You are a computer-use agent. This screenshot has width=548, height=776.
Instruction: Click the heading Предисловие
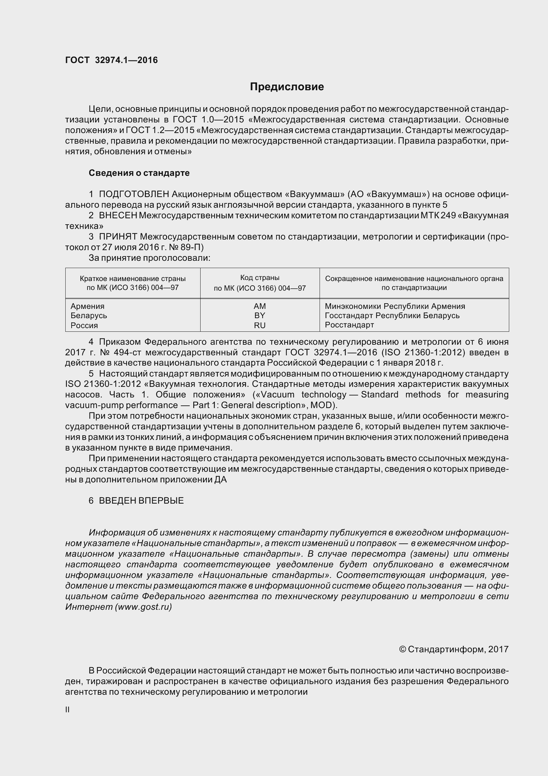[287, 87]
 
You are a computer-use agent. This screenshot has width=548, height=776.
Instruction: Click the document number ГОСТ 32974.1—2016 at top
[111, 60]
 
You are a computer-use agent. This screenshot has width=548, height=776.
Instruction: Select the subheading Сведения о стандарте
[139, 173]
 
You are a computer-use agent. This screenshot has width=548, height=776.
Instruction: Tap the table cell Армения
[88, 306]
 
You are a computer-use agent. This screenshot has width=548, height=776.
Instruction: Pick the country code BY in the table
[260, 315]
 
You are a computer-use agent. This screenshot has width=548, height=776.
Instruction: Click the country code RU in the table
[260, 325]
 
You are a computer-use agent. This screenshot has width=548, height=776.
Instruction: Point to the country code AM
[260, 306]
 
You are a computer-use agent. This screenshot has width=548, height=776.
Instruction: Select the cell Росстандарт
[349, 325]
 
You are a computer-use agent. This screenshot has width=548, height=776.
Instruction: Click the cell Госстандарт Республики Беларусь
[392, 315]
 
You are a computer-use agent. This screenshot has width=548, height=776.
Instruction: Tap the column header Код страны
[260, 278]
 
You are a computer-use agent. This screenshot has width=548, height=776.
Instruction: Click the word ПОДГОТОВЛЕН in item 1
[134, 194]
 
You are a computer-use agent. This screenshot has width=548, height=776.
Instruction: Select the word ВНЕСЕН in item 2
[118, 215]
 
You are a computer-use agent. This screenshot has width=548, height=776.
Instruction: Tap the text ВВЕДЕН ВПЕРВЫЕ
[141, 501]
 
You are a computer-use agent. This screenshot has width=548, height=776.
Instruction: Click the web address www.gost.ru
[144, 607]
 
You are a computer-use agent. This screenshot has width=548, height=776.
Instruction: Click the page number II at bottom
[67, 710]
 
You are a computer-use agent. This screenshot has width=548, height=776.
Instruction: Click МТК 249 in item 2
[438, 215]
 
